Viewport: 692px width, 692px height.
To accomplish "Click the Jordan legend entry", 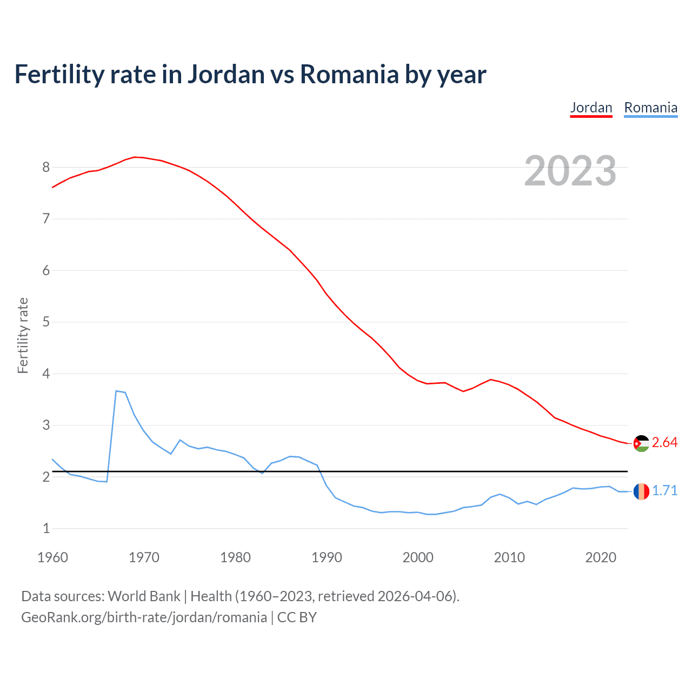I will coord(591,108).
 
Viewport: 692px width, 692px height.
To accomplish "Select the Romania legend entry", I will coord(650,108).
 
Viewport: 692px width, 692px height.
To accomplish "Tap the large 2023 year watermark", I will coord(570,171).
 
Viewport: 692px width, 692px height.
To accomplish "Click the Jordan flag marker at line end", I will coord(641,443).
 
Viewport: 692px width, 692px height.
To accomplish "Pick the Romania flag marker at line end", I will coord(641,491).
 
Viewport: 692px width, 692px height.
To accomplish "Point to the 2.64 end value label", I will coord(664,443).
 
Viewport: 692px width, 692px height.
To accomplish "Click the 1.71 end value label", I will coord(664,490).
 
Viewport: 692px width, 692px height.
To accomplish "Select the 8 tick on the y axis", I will coord(46,168).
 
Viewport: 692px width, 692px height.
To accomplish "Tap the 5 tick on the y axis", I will coord(46,322).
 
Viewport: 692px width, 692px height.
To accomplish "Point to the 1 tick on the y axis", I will coord(46,529).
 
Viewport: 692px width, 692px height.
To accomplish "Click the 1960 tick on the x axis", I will coord(52,557).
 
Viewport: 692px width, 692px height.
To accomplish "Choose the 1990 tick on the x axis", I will coord(327,557).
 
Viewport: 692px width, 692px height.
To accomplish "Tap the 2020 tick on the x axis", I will coord(601,557).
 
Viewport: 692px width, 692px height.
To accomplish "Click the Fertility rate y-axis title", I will coord(23,335).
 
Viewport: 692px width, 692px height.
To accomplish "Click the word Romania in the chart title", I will coord(349,75).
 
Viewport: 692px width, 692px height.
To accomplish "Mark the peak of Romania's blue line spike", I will coord(116,390).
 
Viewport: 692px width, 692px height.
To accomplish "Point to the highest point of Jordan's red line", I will coord(135,157).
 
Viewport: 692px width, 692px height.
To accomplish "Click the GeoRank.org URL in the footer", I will coord(144,617).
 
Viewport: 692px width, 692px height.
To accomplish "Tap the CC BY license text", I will coord(297,617).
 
